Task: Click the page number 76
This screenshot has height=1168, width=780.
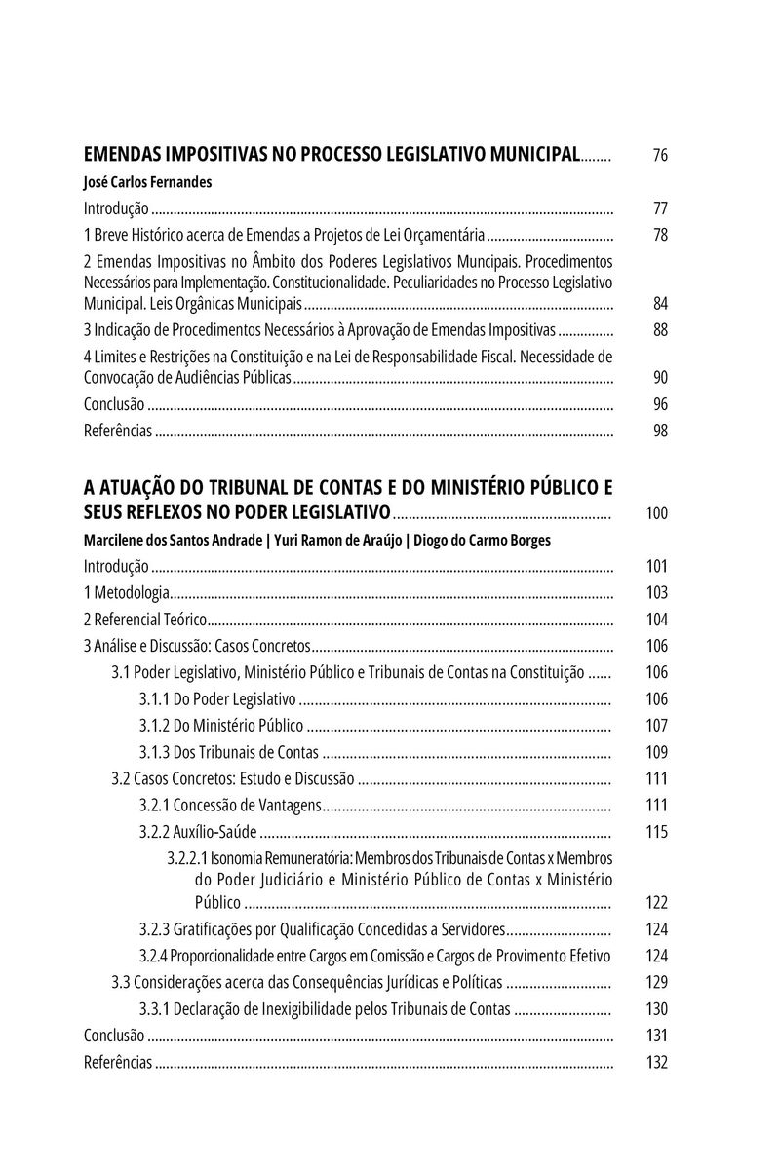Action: click(660, 155)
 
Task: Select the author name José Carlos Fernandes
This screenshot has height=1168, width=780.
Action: click(148, 181)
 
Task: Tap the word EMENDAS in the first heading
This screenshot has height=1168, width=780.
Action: click(123, 154)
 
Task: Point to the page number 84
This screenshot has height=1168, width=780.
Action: click(660, 303)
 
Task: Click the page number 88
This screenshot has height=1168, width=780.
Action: click(660, 329)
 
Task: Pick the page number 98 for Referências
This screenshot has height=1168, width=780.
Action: click(660, 431)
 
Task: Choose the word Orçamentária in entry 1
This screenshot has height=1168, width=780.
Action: click(445, 235)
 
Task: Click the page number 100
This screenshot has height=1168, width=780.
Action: click(656, 512)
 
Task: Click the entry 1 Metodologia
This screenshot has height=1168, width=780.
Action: click(127, 592)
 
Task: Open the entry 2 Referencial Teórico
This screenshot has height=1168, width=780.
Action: click(145, 619)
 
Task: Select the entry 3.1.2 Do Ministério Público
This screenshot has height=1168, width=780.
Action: click(220, 725)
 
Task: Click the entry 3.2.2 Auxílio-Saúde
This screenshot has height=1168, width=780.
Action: click(198, 831)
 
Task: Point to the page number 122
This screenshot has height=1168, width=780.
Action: click(656, 902)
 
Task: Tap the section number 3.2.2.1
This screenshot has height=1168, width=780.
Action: click(187, 858)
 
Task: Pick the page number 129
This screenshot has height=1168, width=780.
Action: click(656, 982)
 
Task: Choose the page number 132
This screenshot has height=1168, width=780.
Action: click(656, 1062)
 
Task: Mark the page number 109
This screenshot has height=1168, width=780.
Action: click(656, 751)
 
